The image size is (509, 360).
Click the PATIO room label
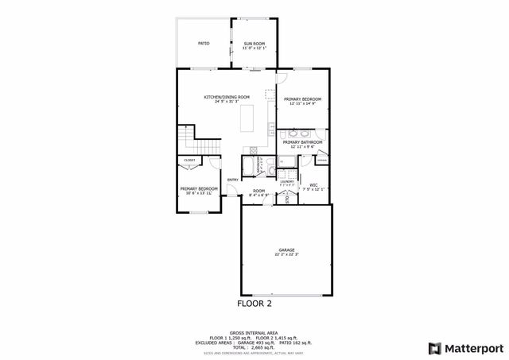pos(204,43)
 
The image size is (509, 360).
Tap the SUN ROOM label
pos(254,43)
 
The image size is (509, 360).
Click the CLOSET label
pos(189,161)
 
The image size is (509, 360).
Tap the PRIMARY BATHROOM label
pos(303,142)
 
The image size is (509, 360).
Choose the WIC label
pos(314,185)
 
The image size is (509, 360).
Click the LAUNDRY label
pos(287,181)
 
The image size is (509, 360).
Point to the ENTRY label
pos(233,180)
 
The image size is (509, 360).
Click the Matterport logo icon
pos(433,347)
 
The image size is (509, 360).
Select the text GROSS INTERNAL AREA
pos(254,333)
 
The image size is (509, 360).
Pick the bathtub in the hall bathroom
pos(248,167)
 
